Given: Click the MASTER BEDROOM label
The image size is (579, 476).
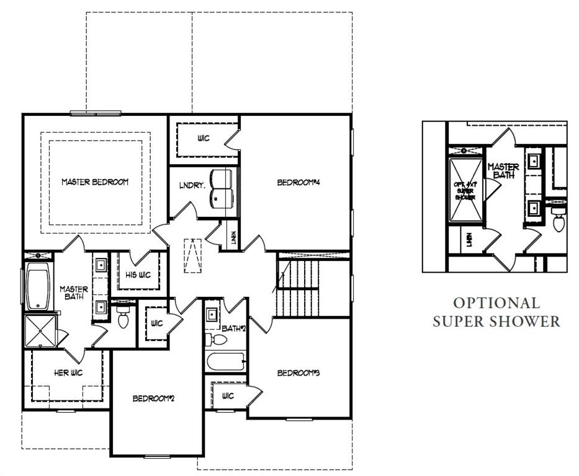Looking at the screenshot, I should coord(95,182).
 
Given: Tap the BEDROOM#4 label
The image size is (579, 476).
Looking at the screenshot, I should coord(297,182).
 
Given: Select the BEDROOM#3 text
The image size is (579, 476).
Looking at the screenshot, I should coord(298,372).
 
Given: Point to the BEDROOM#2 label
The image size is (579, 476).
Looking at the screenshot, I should coord(154,398).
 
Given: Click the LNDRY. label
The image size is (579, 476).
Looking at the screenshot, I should coord(189,185).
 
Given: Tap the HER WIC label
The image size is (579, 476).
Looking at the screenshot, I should coord(68,372).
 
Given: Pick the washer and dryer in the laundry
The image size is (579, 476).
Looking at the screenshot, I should coord(220,188).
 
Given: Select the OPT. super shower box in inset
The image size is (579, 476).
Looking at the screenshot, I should coord(465,190).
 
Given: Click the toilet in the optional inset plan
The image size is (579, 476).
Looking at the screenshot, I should coord(557,221).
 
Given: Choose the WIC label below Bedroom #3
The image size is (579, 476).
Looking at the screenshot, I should coord(227,396).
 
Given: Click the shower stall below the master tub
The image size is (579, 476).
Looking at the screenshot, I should coord(40,331).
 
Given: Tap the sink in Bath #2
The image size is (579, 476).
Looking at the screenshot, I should coord(212,313).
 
